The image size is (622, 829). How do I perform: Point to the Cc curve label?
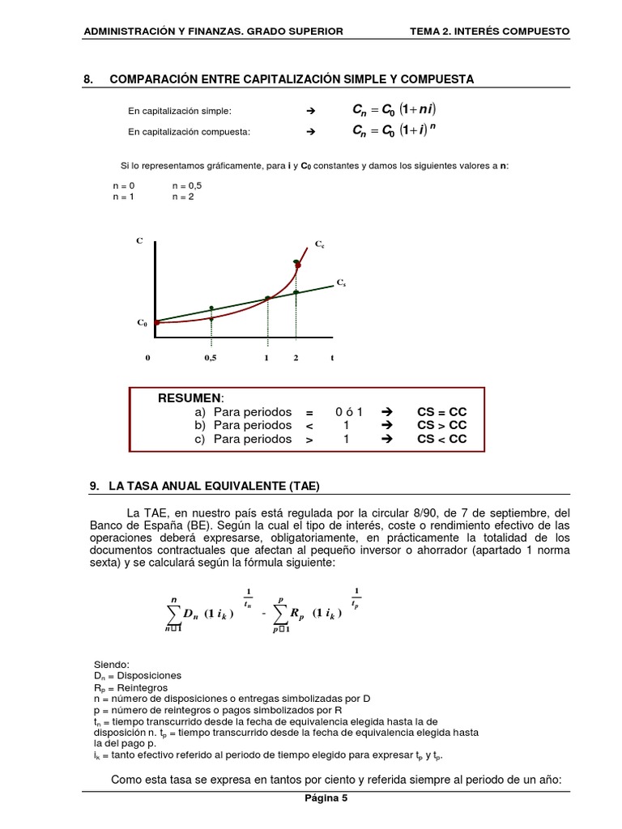click(319, 244)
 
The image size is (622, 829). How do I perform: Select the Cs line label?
click(341, 283)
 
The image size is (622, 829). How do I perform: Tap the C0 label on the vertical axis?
click(142, 323)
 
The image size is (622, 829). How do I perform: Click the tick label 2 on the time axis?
click(296, 358)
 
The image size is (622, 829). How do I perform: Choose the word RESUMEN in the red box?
click(190, 398)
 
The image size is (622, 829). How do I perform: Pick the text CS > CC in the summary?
click(441, 425)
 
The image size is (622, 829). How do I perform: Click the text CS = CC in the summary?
click(441, 411)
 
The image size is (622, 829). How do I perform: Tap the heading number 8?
click(89, 79)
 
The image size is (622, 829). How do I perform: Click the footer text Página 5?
click(326, 797)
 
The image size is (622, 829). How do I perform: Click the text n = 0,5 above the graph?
click(187, 185)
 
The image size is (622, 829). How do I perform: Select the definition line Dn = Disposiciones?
click(138, 675)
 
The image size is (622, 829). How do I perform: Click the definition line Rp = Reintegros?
click(131, 687)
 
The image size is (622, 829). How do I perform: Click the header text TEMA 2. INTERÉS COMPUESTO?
click(490, 31)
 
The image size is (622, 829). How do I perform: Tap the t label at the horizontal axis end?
click(332, 358)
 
